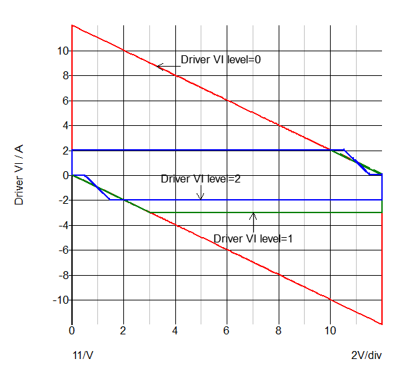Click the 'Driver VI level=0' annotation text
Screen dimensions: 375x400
(x=220, y=59)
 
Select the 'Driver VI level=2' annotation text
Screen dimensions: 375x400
(x=201, y=179)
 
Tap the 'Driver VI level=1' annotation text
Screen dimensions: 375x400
(x=253, y=238)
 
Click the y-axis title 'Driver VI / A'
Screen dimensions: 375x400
(x=19, y=175)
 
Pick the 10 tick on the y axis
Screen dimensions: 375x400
(x=63, y=51)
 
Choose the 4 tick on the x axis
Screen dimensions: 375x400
(x=175, y=330)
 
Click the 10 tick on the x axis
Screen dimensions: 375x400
(x=330, y=330)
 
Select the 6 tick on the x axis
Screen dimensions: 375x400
(x=227, y=330)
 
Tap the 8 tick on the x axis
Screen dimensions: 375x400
(x=279, y=330)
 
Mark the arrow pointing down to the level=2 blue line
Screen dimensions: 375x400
(x=201, y=195)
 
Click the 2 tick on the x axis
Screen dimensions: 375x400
(x=123, y=330)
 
